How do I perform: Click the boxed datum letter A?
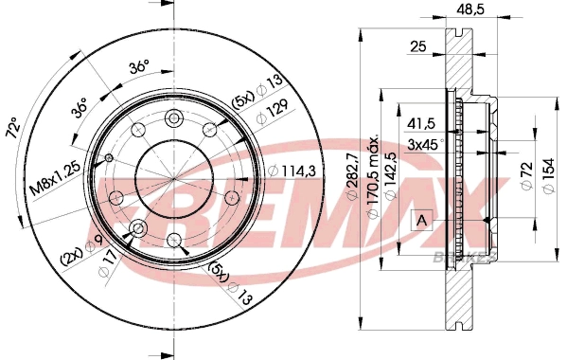click(421, 220)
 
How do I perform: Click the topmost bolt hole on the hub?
click(174, 118)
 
